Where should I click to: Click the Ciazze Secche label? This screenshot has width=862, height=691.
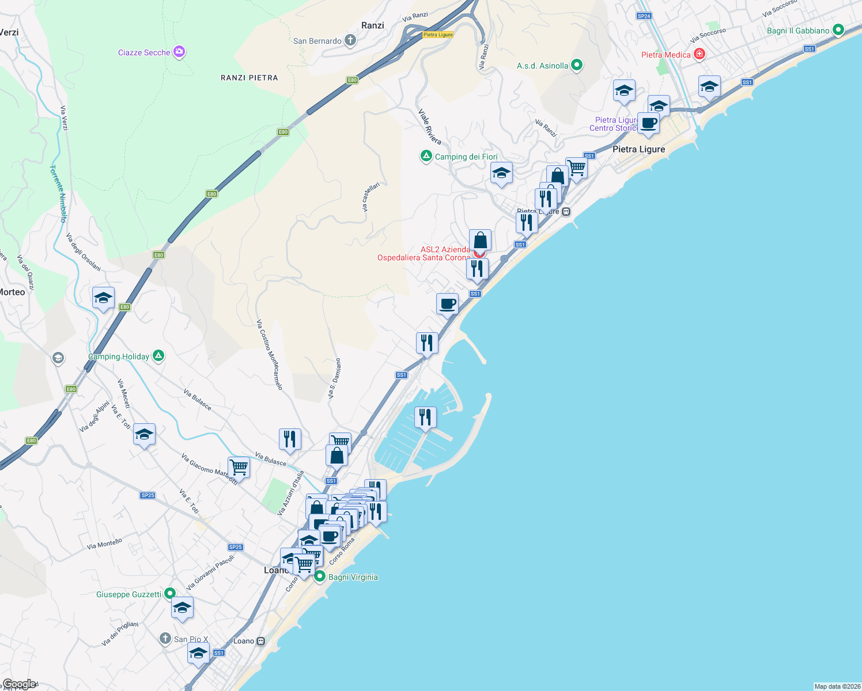[x=144, y=52]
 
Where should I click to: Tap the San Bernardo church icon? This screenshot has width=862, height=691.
[x=350, y=40]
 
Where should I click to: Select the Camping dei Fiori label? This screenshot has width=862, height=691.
[x=466, y=157]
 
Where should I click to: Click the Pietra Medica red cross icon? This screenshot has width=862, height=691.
[x=700, y=54]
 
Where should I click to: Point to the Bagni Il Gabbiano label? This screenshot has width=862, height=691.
[x=798, y=31]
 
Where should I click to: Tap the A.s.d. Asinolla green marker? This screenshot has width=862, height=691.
[x=577, y=65]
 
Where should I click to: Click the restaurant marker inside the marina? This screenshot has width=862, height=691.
[x=425, y=417]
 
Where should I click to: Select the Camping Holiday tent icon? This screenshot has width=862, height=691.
[x=158, y=356]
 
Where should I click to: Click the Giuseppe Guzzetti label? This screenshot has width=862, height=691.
[x=128, y=594]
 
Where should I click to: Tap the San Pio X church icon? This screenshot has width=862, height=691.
[x=165, y=638]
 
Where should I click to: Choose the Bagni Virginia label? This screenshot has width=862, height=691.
[x=353, y=577]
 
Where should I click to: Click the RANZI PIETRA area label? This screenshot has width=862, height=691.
[x=249, y=78]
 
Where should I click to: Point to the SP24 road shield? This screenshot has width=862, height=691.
[x=644, y=16]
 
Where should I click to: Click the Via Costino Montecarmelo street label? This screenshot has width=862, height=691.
[x=270, y=355]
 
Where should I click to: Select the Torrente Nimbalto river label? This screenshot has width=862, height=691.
[x=58, y=193]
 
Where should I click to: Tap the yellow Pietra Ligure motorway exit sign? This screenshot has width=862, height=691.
[x=438, y=35]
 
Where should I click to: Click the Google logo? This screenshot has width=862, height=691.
[x=18, y=684]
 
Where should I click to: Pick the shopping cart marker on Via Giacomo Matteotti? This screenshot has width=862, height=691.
[x=239, y=466]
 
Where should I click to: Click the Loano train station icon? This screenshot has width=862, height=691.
[x=261, y=641]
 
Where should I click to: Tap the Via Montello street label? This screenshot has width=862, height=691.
[x=104, y=544]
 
